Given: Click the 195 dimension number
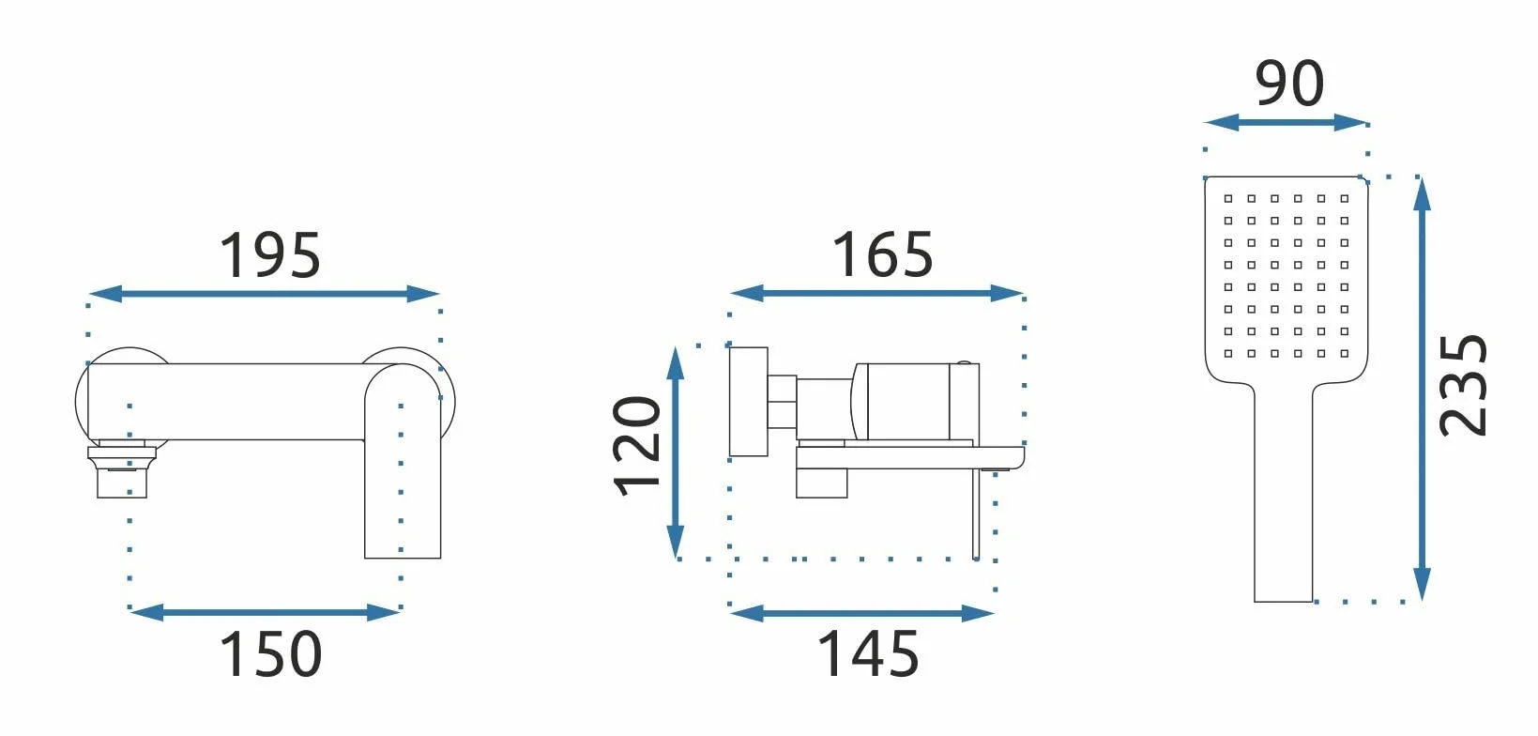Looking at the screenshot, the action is coord(270,255).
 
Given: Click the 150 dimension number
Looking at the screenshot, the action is coord(270,654).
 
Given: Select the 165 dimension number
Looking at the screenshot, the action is coord(882,255).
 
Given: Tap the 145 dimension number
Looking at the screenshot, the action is coord(868,654).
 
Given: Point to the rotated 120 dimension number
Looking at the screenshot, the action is coord(636,446).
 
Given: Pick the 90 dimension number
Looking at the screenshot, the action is coord(1289,84).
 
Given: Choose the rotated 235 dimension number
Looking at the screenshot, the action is coord(1463,386).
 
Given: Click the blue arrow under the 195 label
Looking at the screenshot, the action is coord(264,294).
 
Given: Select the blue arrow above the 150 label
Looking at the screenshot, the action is coord(265,612).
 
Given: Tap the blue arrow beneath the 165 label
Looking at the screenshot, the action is coord(876,293).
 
